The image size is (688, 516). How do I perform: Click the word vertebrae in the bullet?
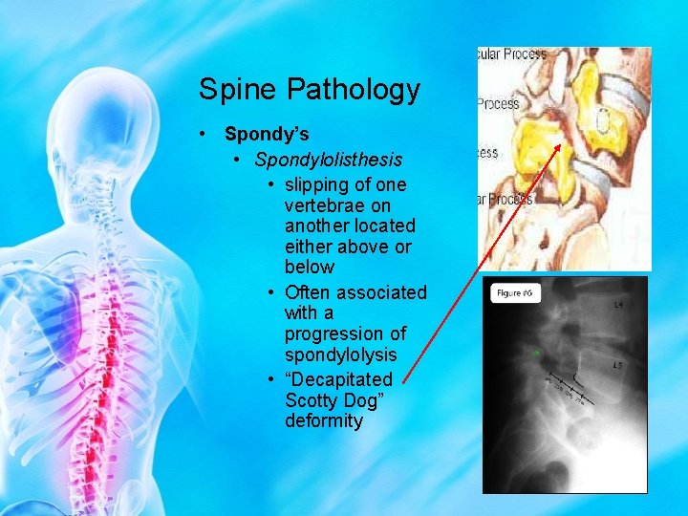(324, 205)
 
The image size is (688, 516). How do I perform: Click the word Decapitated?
(339, 379)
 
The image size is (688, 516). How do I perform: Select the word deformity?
(324, 421)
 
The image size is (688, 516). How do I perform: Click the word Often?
(308, 291)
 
